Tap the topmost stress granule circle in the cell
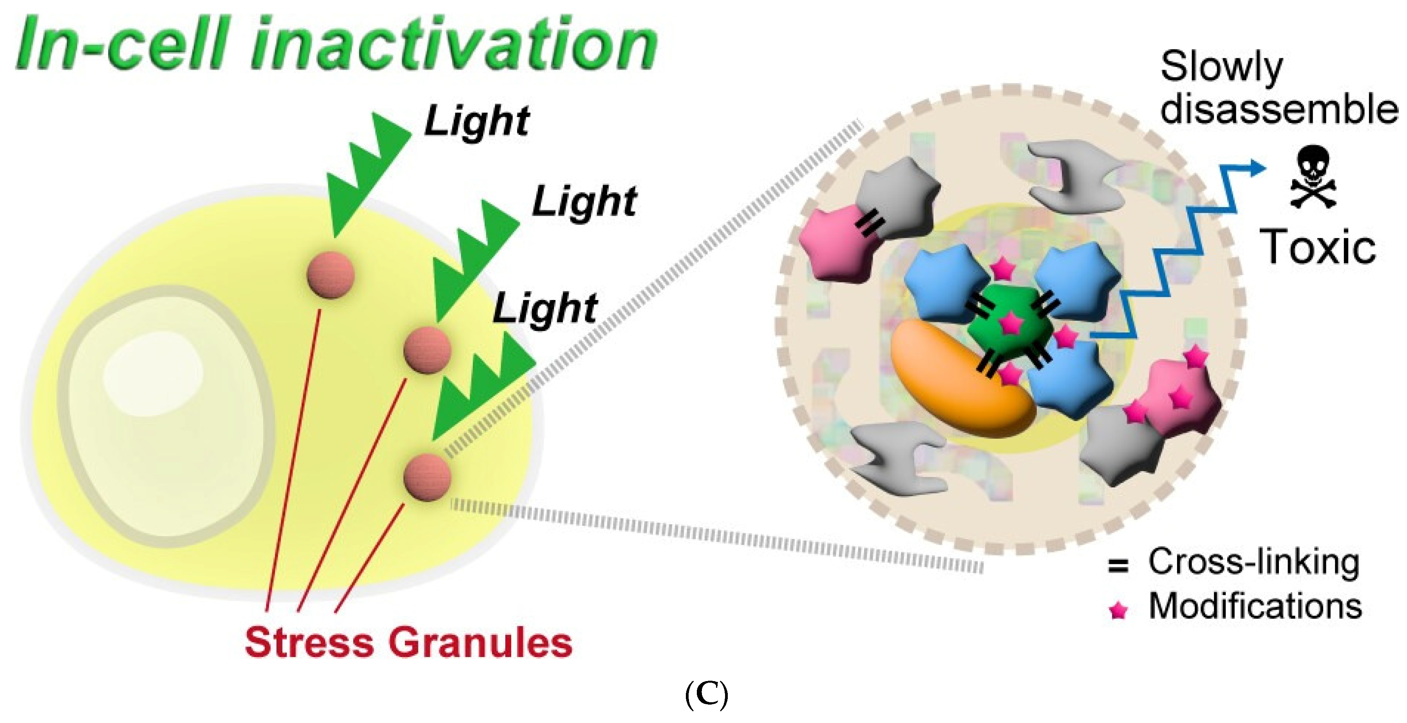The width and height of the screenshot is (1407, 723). tap(331, 275)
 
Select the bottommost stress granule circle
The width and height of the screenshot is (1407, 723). tap(427, 477)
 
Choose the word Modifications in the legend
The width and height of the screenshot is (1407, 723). tap(1255, 606)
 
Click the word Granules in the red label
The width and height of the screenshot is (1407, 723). tap(481, 643)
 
